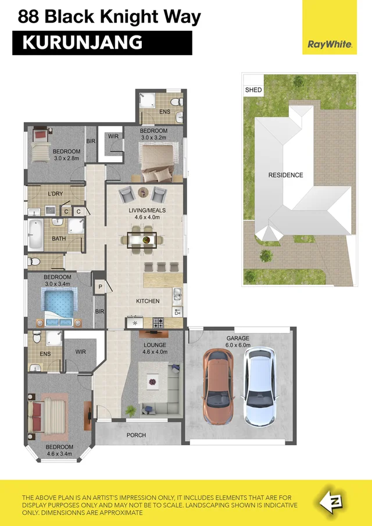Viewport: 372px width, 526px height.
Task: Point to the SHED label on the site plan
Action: point(253,90)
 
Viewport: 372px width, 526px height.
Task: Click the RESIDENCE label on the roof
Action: point(285,175)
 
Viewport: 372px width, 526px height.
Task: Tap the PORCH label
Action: point(136,435)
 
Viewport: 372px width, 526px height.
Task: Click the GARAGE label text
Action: point(238,338)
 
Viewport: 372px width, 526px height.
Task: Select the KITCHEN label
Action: point(148,301)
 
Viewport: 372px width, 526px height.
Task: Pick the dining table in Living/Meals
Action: point(142,238)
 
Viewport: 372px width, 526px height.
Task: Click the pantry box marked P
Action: point(100,287)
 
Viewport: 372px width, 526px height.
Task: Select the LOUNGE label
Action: point(155,345)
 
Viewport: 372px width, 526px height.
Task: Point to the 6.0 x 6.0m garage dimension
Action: point(238,345)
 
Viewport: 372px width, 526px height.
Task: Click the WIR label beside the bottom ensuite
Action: point(81,352)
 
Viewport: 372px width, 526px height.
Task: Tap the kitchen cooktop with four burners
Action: point(158,322)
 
